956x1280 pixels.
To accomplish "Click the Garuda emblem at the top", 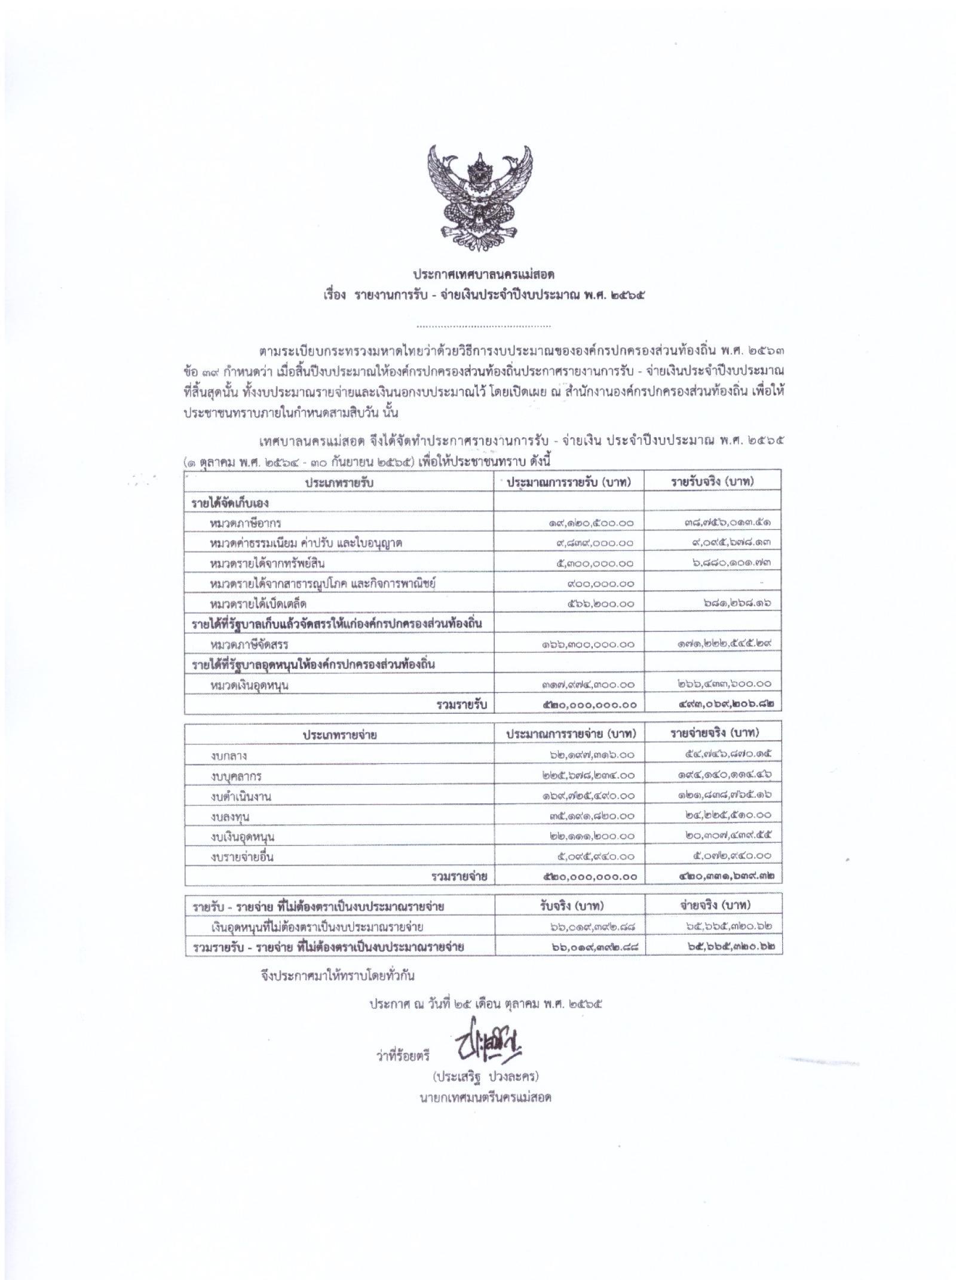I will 479,197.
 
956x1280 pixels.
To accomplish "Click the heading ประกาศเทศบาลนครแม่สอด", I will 483,275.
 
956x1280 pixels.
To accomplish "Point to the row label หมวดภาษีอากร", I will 246,523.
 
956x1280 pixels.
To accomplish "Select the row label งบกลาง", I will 229,756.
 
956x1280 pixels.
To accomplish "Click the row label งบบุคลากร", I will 236,776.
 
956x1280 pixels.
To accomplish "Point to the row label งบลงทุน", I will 230,817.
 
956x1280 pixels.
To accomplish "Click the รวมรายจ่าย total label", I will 459,877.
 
